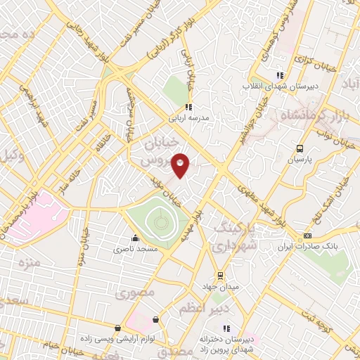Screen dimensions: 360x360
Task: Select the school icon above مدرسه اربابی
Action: tap(188, 107)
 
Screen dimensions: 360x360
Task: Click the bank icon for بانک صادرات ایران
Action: tap(307, 236)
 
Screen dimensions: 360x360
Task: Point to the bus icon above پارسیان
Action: tap(300, 148)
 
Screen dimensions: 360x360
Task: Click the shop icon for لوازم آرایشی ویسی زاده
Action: tap(117, 328)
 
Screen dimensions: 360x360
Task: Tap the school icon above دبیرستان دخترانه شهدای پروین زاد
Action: tap(226, 328)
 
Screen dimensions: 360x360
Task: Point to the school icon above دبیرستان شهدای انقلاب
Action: tap(280, 75)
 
